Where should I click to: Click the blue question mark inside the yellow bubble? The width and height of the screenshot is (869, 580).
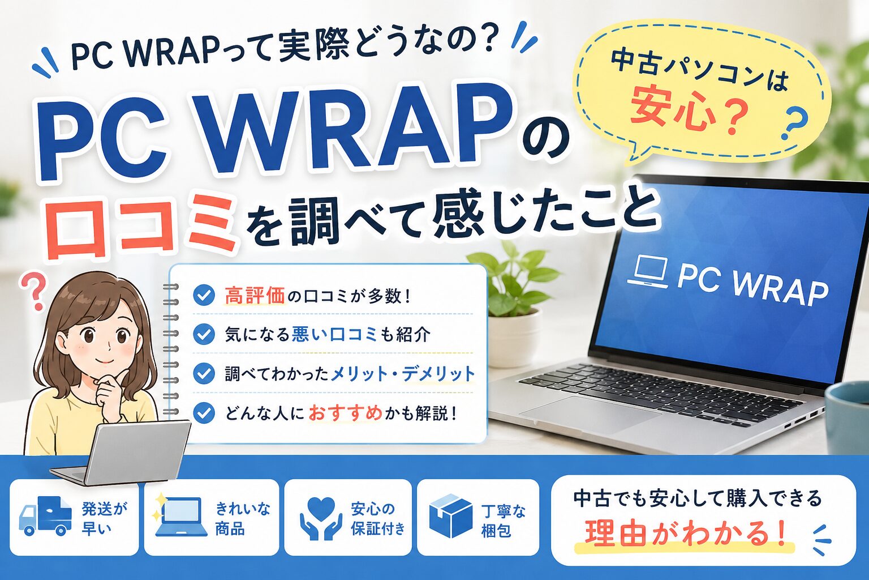[x=792, y=124]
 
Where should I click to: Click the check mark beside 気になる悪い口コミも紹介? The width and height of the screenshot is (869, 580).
[x=204, y=335]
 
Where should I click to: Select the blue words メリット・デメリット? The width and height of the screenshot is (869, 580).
[x=402, y=374]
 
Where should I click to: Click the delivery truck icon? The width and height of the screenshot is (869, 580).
[x=45, y=515]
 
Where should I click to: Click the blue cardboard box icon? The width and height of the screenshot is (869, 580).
[x=451, y=516]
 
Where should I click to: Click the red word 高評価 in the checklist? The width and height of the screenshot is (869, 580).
[x=255, y=296]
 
